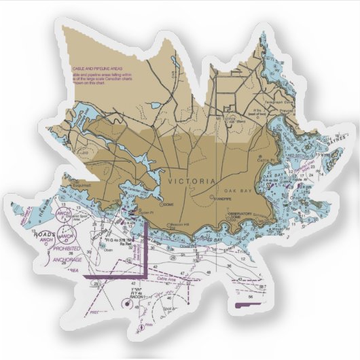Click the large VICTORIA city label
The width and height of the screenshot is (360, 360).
(192, 182)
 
